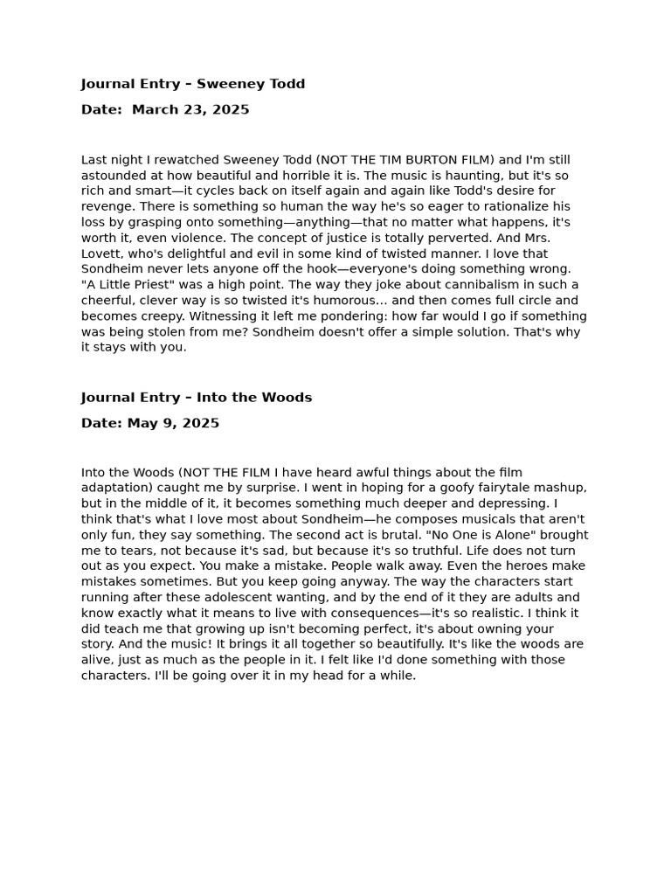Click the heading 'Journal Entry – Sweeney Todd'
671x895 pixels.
[193, 84]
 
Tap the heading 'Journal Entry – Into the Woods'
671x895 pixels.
[197, 398]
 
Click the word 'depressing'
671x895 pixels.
[502, 504]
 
